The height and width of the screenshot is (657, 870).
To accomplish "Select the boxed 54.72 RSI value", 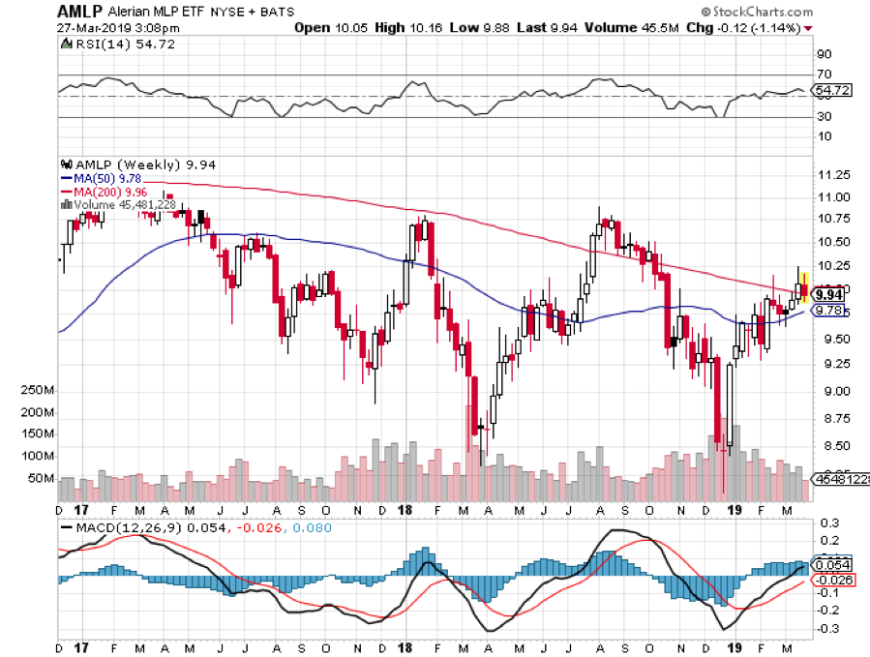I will [832, 90].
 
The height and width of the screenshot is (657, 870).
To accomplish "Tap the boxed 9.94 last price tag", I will [828, 294].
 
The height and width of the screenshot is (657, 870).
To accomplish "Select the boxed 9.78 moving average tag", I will [828, 311].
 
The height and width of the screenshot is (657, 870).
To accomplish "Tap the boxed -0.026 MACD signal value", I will [832, 581].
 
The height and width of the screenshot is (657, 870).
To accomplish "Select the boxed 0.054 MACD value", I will [832, 564].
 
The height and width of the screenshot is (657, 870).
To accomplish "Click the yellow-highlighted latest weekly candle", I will [803, 289].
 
